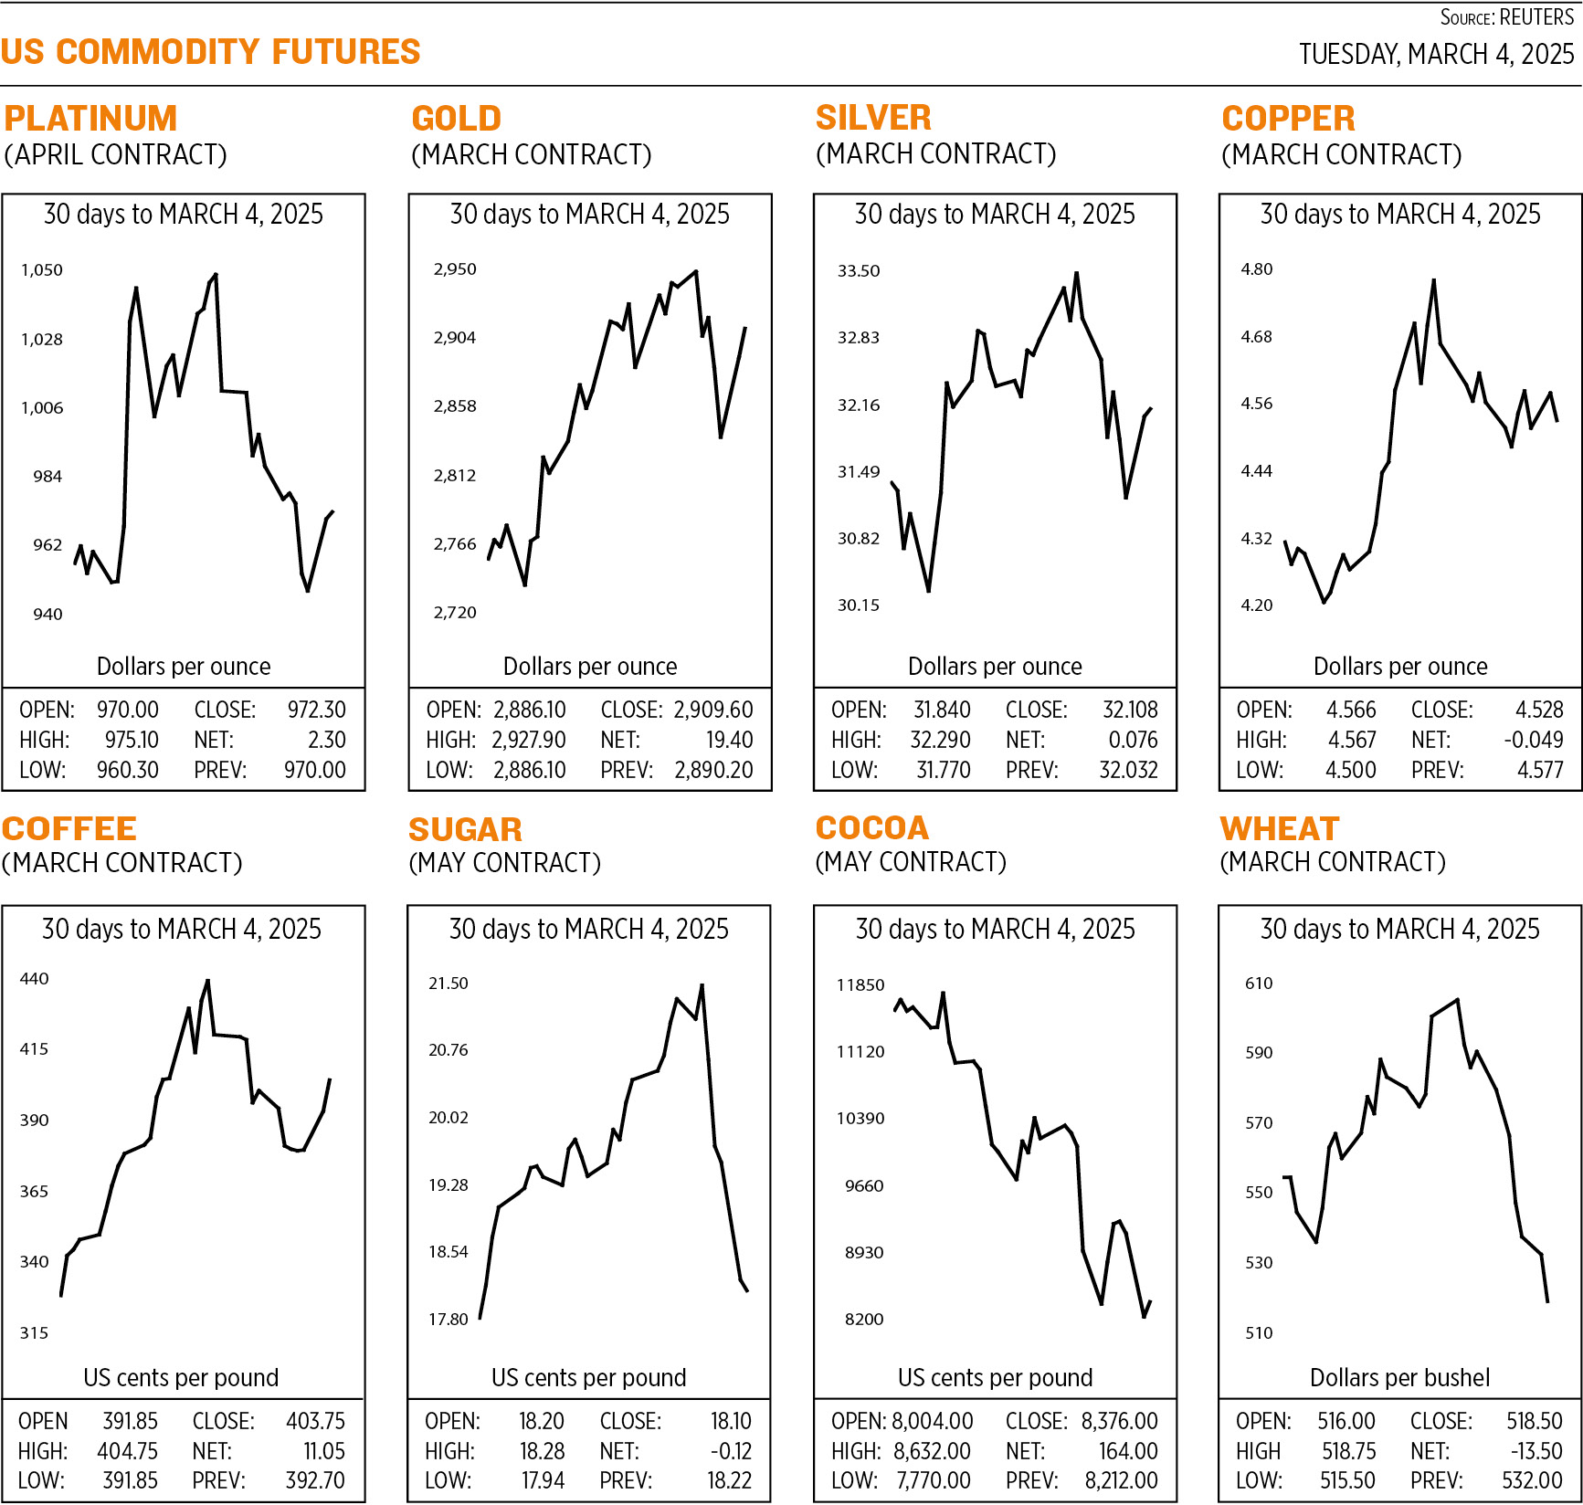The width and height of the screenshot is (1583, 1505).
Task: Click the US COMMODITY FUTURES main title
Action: [x=210, y=52]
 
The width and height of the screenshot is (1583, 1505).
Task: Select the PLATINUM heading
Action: [x=90, y=119]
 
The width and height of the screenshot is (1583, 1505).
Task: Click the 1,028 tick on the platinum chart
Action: [x=42, y=339]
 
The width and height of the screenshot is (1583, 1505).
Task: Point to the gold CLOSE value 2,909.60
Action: [x=713, y=710]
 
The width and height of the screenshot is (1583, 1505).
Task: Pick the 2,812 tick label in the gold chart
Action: [x=455, y=475]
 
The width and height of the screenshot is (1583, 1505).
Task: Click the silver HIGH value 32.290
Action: [x=940, y=740]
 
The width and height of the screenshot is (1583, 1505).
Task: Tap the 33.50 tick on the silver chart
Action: [x=859, y=270]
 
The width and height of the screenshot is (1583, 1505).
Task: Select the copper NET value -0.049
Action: [x=1534, y=740]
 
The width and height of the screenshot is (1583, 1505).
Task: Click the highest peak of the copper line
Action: [x=1433, y=280]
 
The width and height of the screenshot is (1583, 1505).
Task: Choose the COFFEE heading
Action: [x=69, y=828]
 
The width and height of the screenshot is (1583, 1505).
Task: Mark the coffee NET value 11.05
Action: [x=324, y=1451]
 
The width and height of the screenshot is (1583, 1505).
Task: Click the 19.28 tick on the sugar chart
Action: [x=449, y=1184]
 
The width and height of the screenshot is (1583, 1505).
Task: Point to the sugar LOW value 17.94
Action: [x=543, y=1480]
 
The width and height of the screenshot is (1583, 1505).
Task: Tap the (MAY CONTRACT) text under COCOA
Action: [x=911, y=861]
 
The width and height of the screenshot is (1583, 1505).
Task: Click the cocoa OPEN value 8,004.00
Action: [x=932, y=1421]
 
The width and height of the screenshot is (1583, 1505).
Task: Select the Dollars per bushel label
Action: [x=1399, y=1377]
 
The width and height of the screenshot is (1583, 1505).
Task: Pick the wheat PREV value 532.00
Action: [x=1532, y=1480]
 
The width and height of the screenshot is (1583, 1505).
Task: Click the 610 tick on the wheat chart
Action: [x=1259, y=983]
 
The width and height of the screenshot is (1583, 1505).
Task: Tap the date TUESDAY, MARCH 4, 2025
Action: [x=1436, y=54]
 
